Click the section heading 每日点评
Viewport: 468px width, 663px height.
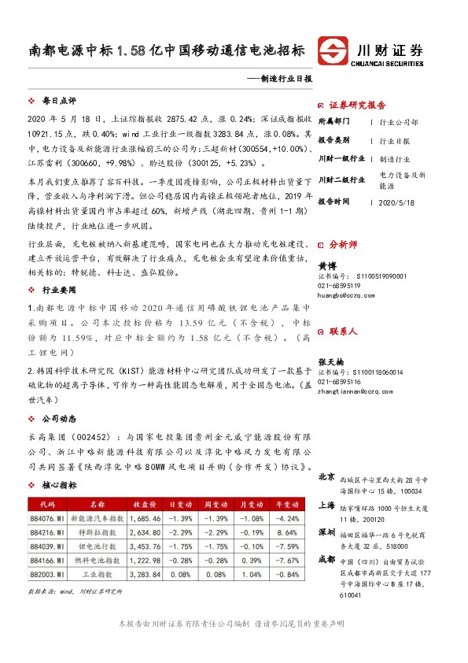(58, 102)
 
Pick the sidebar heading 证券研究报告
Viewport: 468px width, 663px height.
(357, 105)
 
